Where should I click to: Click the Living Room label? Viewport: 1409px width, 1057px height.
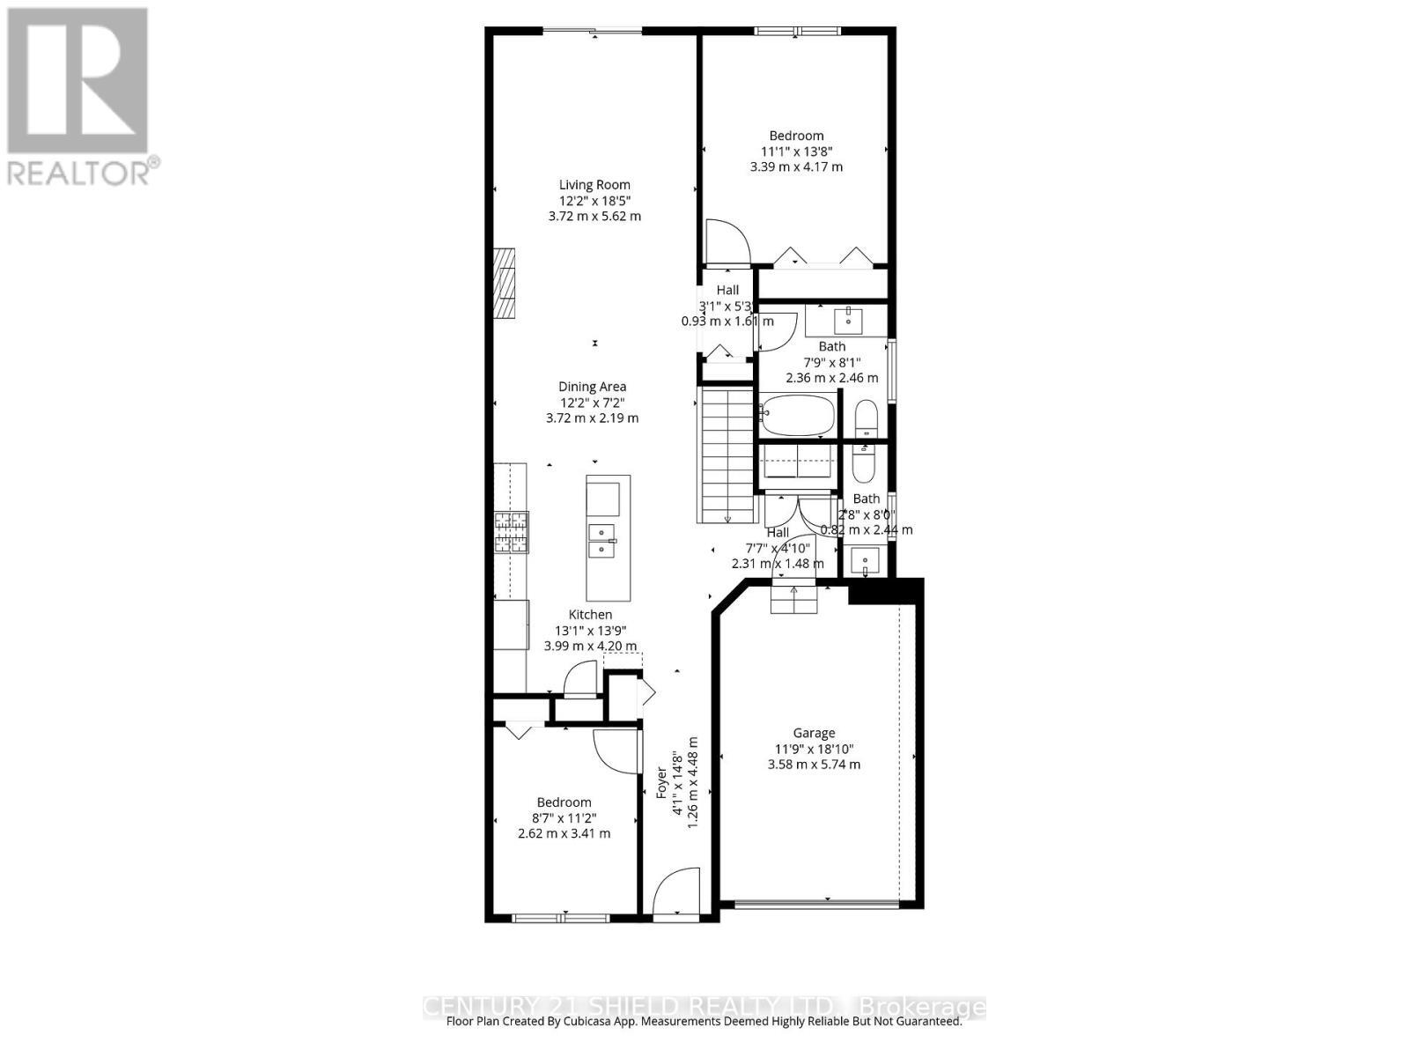[594, 185]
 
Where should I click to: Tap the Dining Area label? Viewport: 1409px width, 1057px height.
[592, 387]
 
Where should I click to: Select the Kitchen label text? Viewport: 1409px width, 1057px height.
[590, 615]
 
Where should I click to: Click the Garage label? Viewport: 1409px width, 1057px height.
[814, 733]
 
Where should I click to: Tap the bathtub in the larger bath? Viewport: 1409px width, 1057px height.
[798, 415]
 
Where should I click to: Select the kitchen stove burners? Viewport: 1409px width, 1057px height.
[512, 532]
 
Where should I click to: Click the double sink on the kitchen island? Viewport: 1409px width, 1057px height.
[602, 540]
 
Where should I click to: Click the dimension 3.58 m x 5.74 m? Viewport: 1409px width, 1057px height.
[814, 765]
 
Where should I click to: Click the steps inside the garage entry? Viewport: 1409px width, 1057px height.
[794, 600]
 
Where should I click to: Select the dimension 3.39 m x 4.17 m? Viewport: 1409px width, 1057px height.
[796, 166]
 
